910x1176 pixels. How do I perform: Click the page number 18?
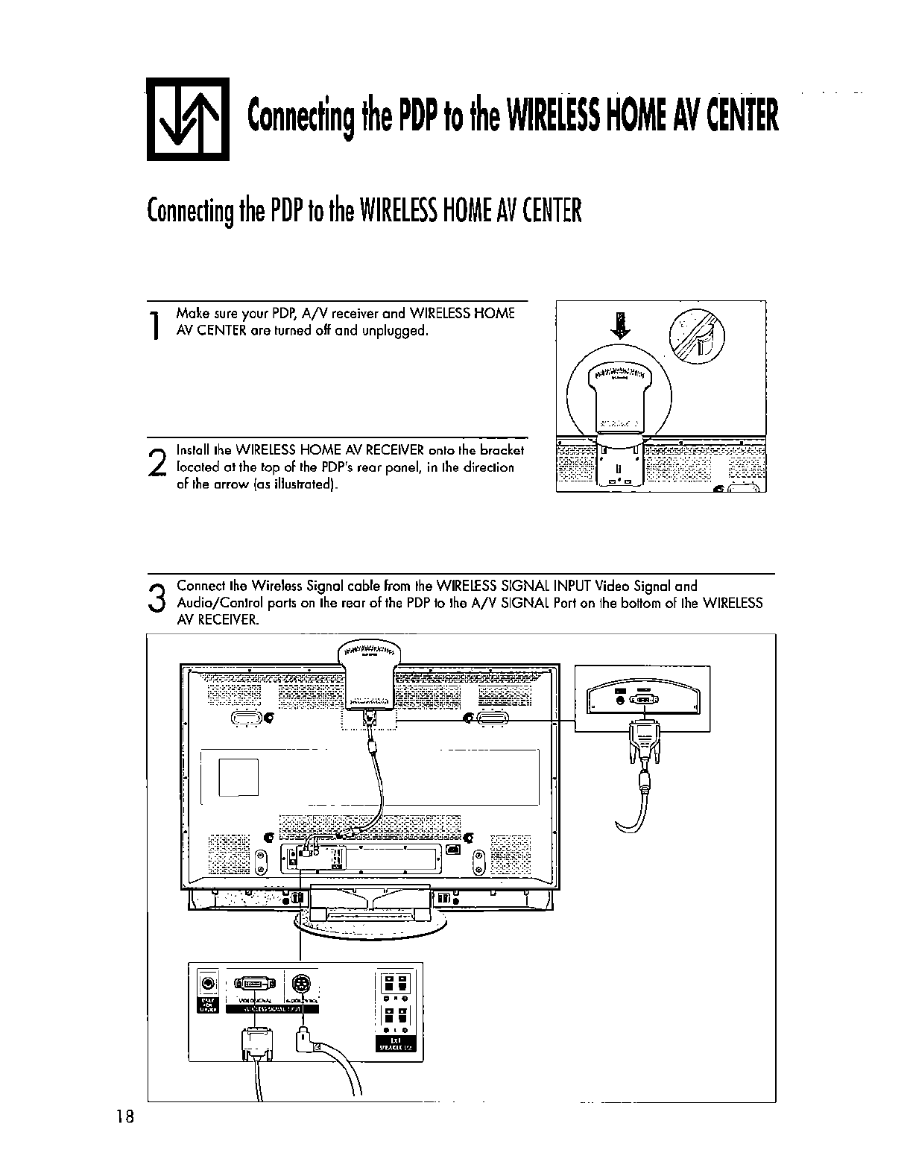124,1116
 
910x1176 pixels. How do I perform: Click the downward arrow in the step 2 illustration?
618,325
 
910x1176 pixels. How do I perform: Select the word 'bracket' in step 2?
502,450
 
